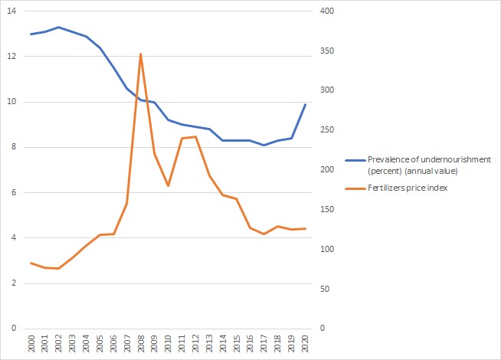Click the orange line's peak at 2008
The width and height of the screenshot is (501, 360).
click(141, 54)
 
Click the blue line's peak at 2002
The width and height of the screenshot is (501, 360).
click(58, 27)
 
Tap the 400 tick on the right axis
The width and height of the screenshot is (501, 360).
click(327, 11)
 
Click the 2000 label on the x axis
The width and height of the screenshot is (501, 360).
click(31, 344)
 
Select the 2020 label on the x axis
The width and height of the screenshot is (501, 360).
click(306, 344)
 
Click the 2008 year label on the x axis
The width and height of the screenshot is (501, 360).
click(141, 344)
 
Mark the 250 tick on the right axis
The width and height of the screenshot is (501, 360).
click(327, 130)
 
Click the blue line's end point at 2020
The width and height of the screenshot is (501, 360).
click(306, 104)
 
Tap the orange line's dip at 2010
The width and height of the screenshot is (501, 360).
click(169, 186)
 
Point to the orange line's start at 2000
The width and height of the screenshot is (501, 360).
click(31, 263)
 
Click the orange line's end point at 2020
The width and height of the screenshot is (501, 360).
click(306, 228)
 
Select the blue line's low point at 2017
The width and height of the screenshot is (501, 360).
click(264, 145)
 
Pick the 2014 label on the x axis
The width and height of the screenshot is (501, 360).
click(223, 344)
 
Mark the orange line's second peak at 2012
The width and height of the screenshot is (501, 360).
click(196, 136)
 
